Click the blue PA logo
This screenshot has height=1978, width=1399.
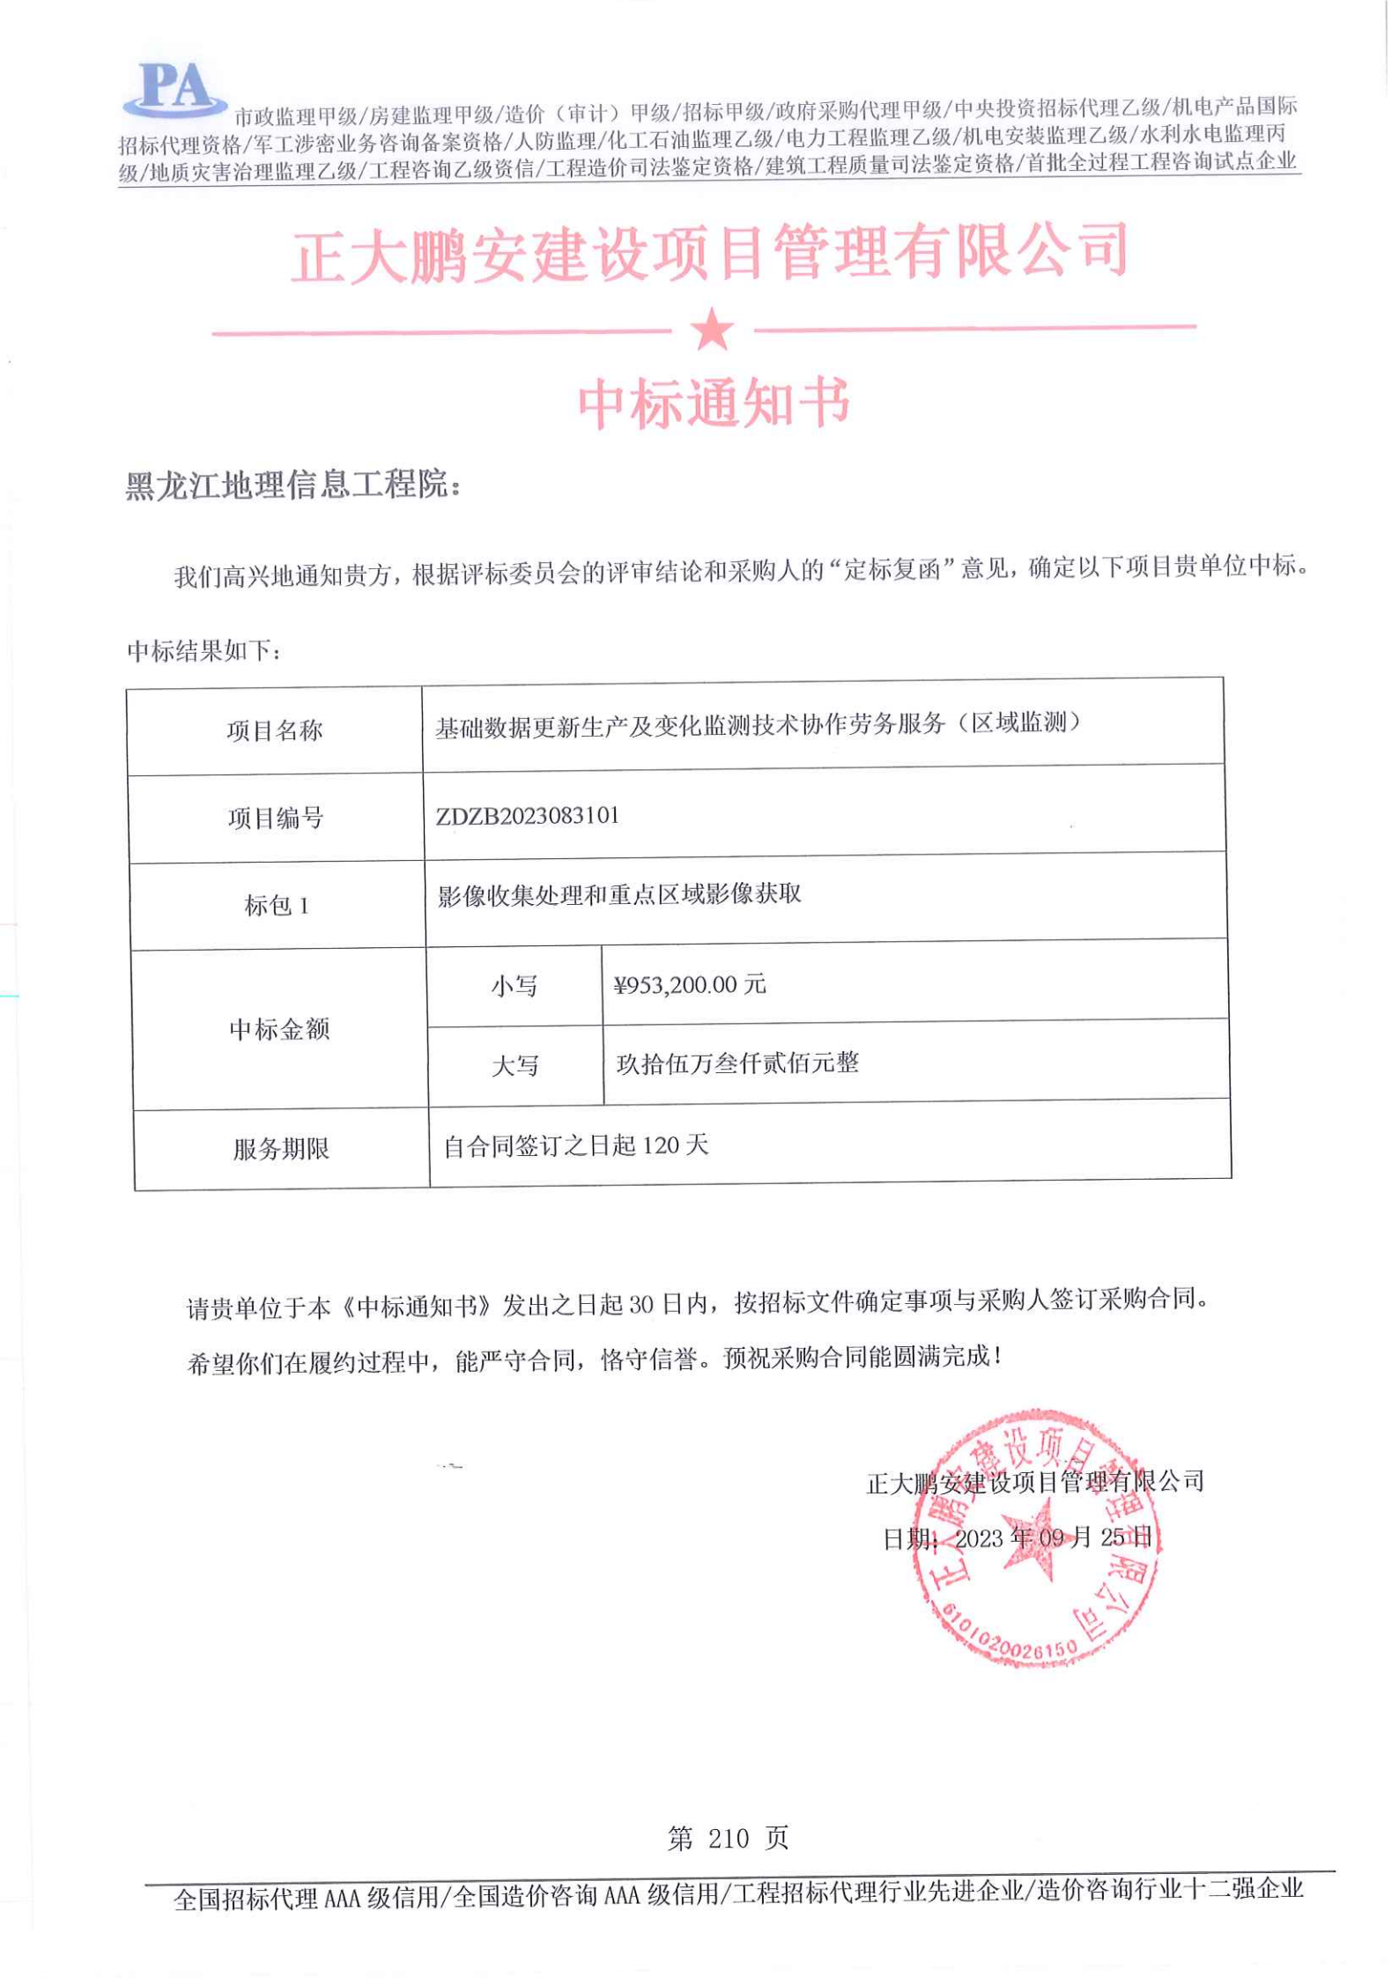[x=175, y=89]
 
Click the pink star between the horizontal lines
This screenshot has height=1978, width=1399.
[x=712, y=330]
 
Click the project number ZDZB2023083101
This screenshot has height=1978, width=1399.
[x=528, y=816]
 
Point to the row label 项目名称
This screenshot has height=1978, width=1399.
[x=275, y=730]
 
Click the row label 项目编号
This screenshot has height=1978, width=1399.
[x=276, y=819]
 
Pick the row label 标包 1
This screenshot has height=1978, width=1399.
[x=277, y=906]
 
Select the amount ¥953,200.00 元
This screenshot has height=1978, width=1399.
[x=690, y=984]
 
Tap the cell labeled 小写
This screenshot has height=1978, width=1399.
[x=514, y=986]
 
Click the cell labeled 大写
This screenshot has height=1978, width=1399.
[x=514, y=1066]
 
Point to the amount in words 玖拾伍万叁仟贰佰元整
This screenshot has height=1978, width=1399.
[x=737, y=1063]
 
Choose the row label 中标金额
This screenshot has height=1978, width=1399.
[x=279, y=1029]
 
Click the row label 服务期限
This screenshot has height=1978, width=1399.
[x=281, y=1149]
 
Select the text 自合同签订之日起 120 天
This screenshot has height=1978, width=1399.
[x=576, y=1145]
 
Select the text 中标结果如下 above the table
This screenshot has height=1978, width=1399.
[x=204, y=651]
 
